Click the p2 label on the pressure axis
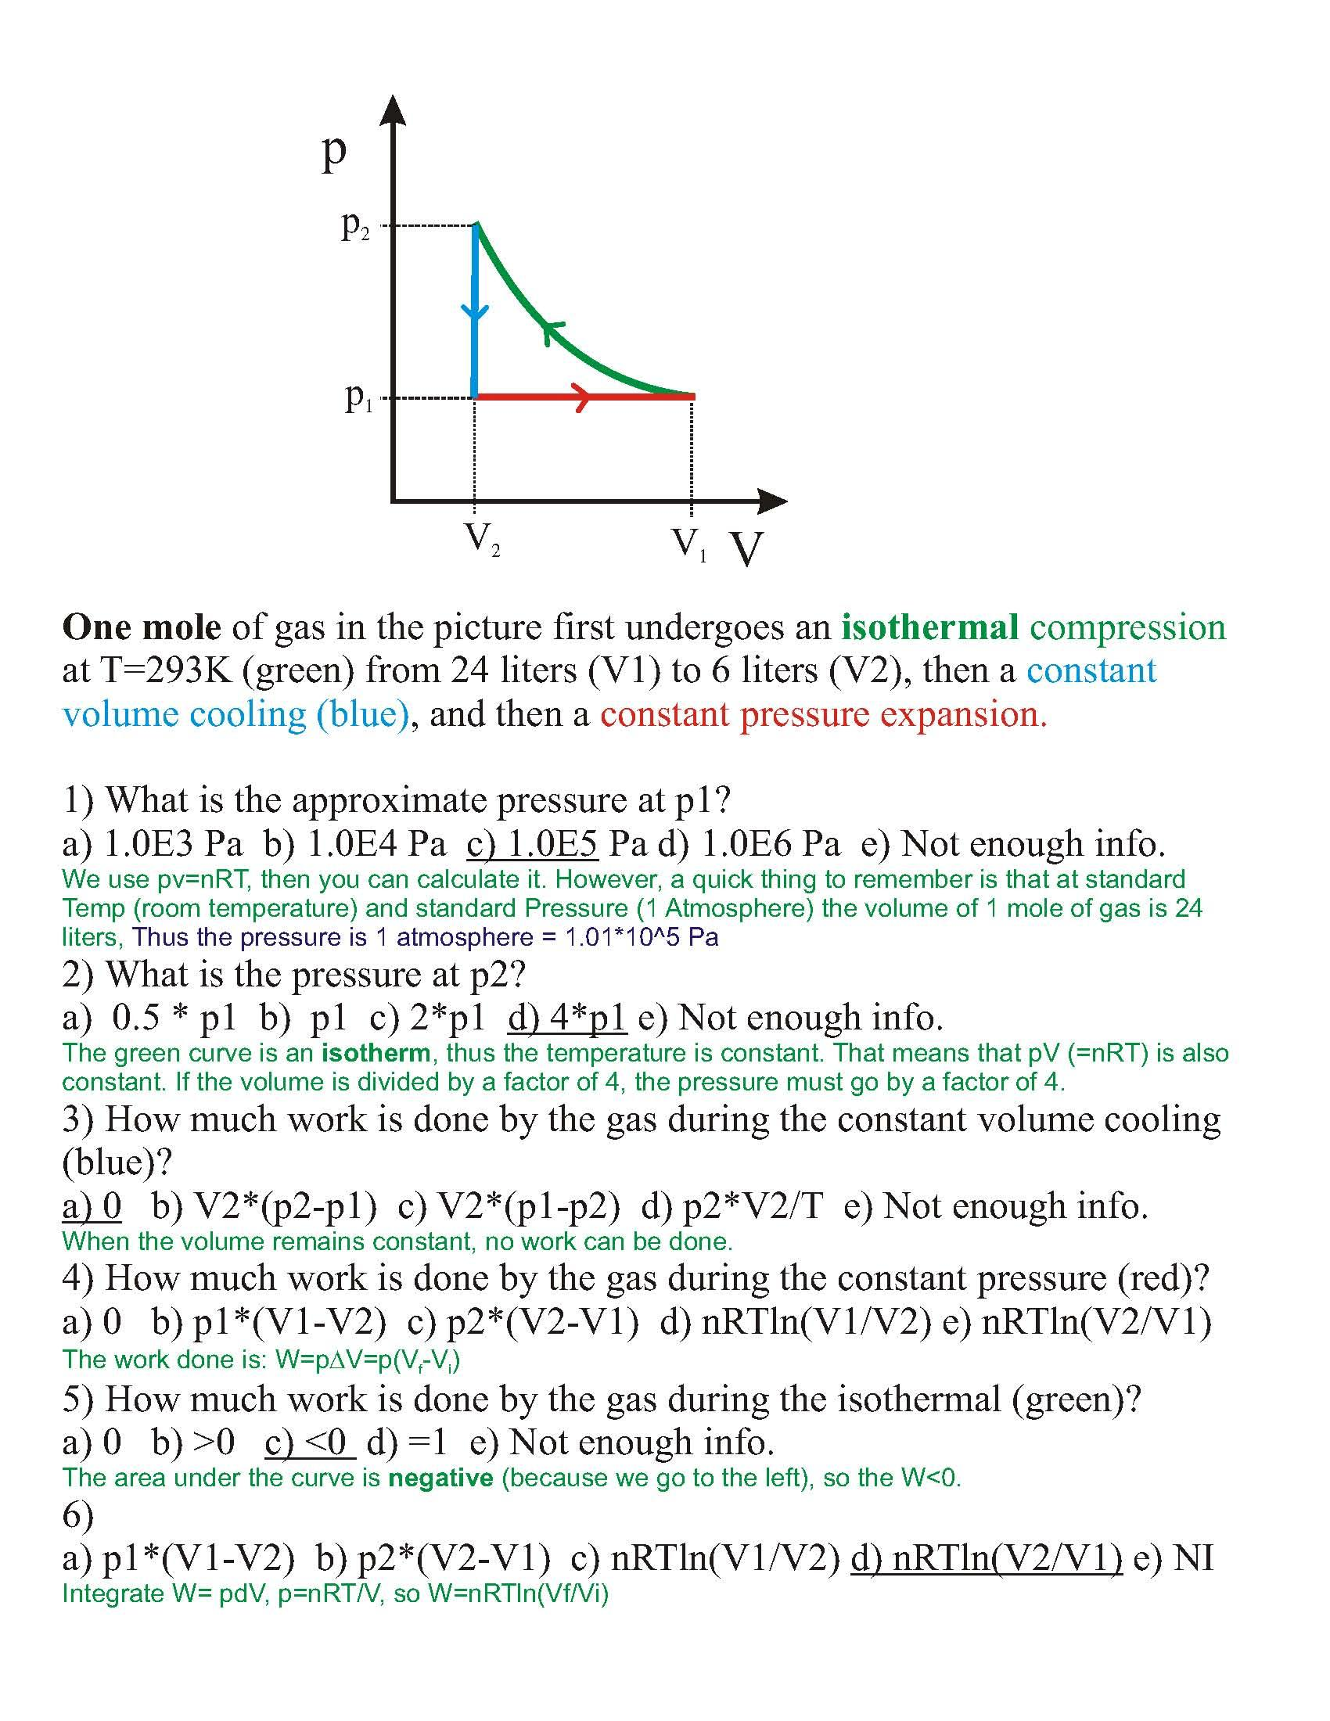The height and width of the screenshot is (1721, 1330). pyautogui.click(x=354, y=228)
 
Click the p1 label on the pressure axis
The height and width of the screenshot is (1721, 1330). pyautogui.click(x=358, y=399)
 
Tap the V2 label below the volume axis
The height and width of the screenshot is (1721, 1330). pyautogui.click(x=481, y=540)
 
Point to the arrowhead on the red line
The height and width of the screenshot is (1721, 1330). pyautogui.click(x=581, y=397)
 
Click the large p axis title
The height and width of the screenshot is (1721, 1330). pyautogui.click(x=334, y=151)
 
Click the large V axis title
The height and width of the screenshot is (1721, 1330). pyautogui.click(x=746, y=548)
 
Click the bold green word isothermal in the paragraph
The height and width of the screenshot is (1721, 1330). pyautogui.click(x=929, y=628)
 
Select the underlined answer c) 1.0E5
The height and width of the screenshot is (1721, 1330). pyautogui.click(x=533, y=844)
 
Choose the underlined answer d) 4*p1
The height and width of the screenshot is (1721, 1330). pyautogui.click(x=567, y=1017)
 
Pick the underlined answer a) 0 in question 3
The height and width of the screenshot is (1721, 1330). pyautogui.click(x=92, y=1205)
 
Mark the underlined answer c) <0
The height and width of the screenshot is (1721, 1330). pyautogui.click(x=307, y=1442)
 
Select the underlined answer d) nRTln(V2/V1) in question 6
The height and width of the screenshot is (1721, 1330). pyautogui.click(x=987, y=1558)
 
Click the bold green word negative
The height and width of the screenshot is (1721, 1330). pyautogui.click(x=440, y=1478)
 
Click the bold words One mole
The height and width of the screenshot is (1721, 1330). pyautogui.click(x=142, y=628)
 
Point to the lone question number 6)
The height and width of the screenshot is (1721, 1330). pyautogui.click(x=78, y=1514)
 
